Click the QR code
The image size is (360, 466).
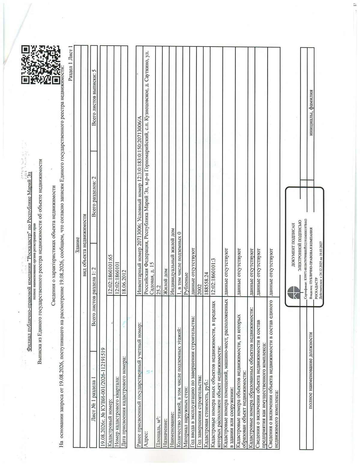(40, 65)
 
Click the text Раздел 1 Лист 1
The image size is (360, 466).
(70, 64)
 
